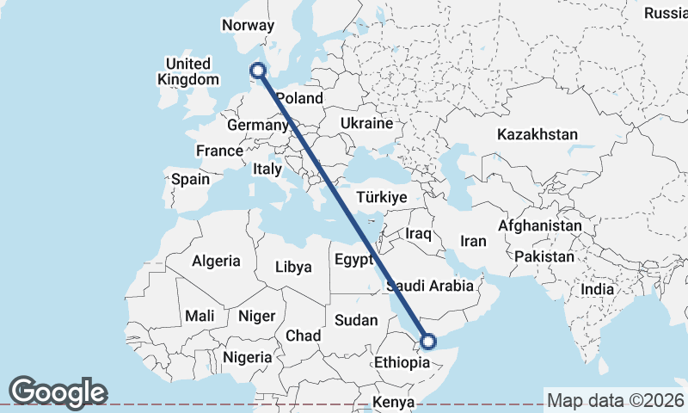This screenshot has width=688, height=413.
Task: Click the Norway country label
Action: pyautogui.click(x=248, y=26)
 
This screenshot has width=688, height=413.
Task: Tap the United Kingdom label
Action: pyautogui.click(x=188, y=71)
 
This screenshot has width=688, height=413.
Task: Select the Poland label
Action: pyautogui.click(x=299, y=99)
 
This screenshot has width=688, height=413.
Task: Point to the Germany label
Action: pyautogui.click(x=256, y=126)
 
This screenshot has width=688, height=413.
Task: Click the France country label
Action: pyautogui.click(x=219, y=151)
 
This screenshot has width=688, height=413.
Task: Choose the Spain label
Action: pyautogui.click(x=190, y=180)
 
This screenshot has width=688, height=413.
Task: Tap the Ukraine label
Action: pyautogui.click(x=366, y=124)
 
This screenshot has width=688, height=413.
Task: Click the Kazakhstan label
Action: pyautogui.click(x=537, y=135)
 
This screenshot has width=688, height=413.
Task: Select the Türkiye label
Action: pyautogui.click(x=381, y=198)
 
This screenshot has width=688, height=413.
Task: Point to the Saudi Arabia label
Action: pyautogui.click(x=430, y=286)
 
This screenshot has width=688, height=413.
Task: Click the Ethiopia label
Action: pyautogui.click(x=402, y=363)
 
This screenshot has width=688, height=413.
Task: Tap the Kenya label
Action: pyautogui.click(x=394, y=403)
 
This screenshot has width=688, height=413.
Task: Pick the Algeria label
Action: pyautogui.click(x=217, y=261)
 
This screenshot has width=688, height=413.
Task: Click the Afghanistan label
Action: pyautogui.click(x=539, y=225)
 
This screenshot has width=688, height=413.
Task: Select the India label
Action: pyautogui.click(x=598, y=290)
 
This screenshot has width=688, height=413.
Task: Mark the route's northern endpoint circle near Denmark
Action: pyautogui.click(x=257, y=71)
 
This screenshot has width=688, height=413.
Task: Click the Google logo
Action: pyautogui.click(x=58, y=391)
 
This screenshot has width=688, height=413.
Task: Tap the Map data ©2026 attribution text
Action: pyautogui.click(x=615, y=400)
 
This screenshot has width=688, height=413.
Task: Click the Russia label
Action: pyautogui.click(x=666, y=13)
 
